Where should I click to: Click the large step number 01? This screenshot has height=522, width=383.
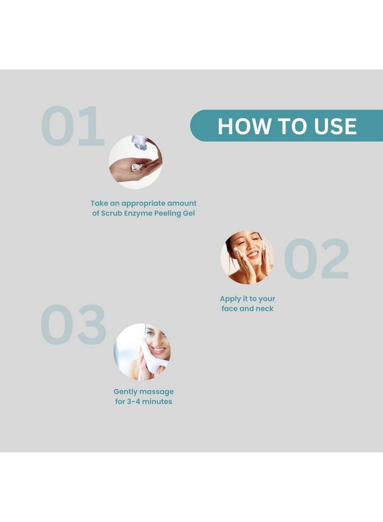(x=73, y=126)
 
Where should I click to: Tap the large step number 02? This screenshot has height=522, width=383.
(x=316, y=258)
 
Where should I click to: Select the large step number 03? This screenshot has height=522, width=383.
(x=73, y=324)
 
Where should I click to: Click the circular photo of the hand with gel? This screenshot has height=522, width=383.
(x=136, y=162)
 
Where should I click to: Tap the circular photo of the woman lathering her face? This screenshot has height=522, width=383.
(x=247, y=258)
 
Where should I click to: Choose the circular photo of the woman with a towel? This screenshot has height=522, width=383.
(x=142, y=351)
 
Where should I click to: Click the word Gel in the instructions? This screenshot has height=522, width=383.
(x=189, y=213)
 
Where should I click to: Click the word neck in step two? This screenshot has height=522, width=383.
(x=265, y=309)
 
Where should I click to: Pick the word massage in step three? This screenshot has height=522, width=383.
(x=157, y=392)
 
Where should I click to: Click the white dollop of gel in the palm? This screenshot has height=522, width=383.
(x=136, y=167)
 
